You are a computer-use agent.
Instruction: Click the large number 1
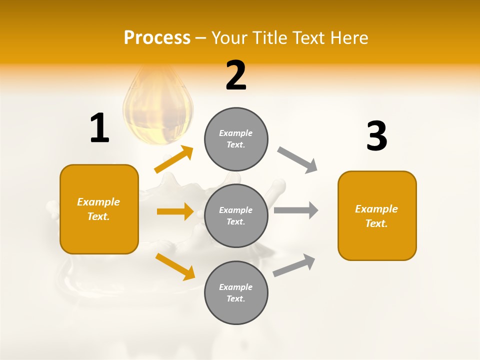[x=99, y=128]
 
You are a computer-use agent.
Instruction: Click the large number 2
[x=236, y=75]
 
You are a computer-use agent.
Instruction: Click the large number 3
[x=377, y=136]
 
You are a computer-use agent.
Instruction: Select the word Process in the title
[x=157, y=37]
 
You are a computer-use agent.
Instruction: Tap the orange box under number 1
[x=99, y=209]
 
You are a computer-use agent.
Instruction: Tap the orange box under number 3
[x=377, y=215]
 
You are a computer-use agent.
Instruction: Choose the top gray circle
[x=236, y=139]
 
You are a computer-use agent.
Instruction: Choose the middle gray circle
[x=236, y=215]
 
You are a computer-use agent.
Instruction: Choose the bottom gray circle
[x=236, y=292]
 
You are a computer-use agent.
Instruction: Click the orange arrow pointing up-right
[x=174, y=159]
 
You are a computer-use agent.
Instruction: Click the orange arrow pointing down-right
[x=175, y=266]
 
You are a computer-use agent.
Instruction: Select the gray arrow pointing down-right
[x=297, y=160]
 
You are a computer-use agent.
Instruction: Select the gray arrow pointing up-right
[x=294, y=265]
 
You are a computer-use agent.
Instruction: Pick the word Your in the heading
[x=230, y=37]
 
